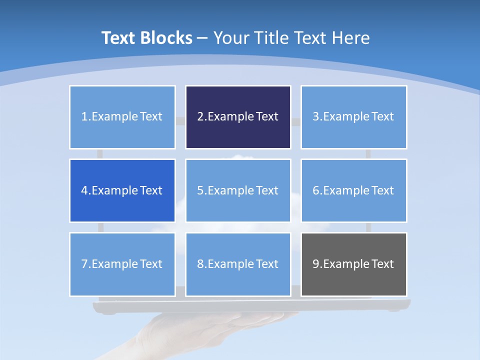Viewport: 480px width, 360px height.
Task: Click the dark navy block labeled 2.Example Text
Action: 238,117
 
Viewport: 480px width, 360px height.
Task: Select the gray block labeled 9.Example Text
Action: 353,264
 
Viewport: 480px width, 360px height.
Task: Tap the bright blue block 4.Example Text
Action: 122,190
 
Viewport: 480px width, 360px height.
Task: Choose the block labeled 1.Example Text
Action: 122,117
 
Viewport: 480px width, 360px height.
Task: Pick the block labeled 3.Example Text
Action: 353,117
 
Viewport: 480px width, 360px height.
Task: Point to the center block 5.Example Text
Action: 238,190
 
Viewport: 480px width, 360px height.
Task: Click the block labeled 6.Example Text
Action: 353,190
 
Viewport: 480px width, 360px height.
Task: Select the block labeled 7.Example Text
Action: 122,264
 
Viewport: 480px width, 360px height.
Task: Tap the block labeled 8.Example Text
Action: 238,264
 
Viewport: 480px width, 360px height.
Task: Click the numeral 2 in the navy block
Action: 200,117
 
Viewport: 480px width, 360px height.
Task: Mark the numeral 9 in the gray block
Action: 316,264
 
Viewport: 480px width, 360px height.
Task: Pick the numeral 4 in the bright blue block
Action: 84,190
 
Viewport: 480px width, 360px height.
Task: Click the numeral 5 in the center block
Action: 200,190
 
